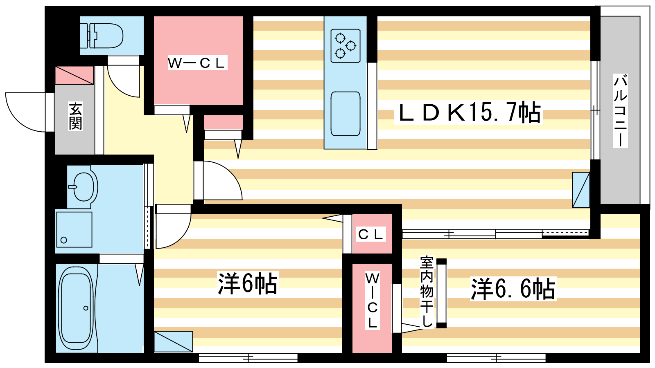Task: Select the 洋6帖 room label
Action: pyautogui.click(x=247, y=283)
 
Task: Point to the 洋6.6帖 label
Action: pyautogui.click(x=513, y=289)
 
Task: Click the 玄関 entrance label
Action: pyautogui.click(x=75, y=116)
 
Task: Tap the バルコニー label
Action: pyautogui.click(x=620, y=111)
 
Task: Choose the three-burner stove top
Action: pyautogui.click(x=346, y=46)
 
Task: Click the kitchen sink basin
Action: pyautogui.click(x=346, y=114)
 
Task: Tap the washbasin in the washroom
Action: pyautogui.click(x=83, y=187)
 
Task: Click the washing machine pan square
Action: pyautogui.click(x=74, y=229)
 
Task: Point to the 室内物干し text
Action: pyautogui.click(x=426, y=292)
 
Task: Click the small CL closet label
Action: pyautogui.click(x=371, y=234)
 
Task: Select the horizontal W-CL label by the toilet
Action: pyautogui.click(x=197, y=63)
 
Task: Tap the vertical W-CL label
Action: pyautogui.click(x=372, y=301)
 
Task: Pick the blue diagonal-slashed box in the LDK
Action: pyautogui.click(x=581, y=190)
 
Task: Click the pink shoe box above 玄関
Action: pyautogui.click(x=74, y=75)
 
